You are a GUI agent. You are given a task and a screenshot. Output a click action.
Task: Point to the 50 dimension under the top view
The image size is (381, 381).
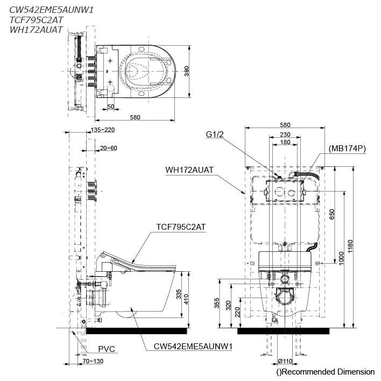click(x=110, y=107)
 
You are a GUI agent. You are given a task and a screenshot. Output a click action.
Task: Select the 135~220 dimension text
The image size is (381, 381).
click(x=103, y=130)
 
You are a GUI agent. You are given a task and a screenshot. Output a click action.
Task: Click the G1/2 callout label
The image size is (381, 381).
click(x=213, y=135)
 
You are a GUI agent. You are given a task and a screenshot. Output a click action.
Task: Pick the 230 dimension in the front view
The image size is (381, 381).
click(x=285, y=135)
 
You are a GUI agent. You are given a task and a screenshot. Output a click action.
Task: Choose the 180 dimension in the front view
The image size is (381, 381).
click(x=285, y=143)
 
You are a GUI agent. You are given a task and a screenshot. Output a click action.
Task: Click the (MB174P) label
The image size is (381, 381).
click(x=347, y=148)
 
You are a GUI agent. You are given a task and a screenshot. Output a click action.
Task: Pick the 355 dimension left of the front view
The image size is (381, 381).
click(x=217, y=304)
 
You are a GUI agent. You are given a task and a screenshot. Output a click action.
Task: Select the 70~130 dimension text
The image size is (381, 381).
click(x=93, y=361)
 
